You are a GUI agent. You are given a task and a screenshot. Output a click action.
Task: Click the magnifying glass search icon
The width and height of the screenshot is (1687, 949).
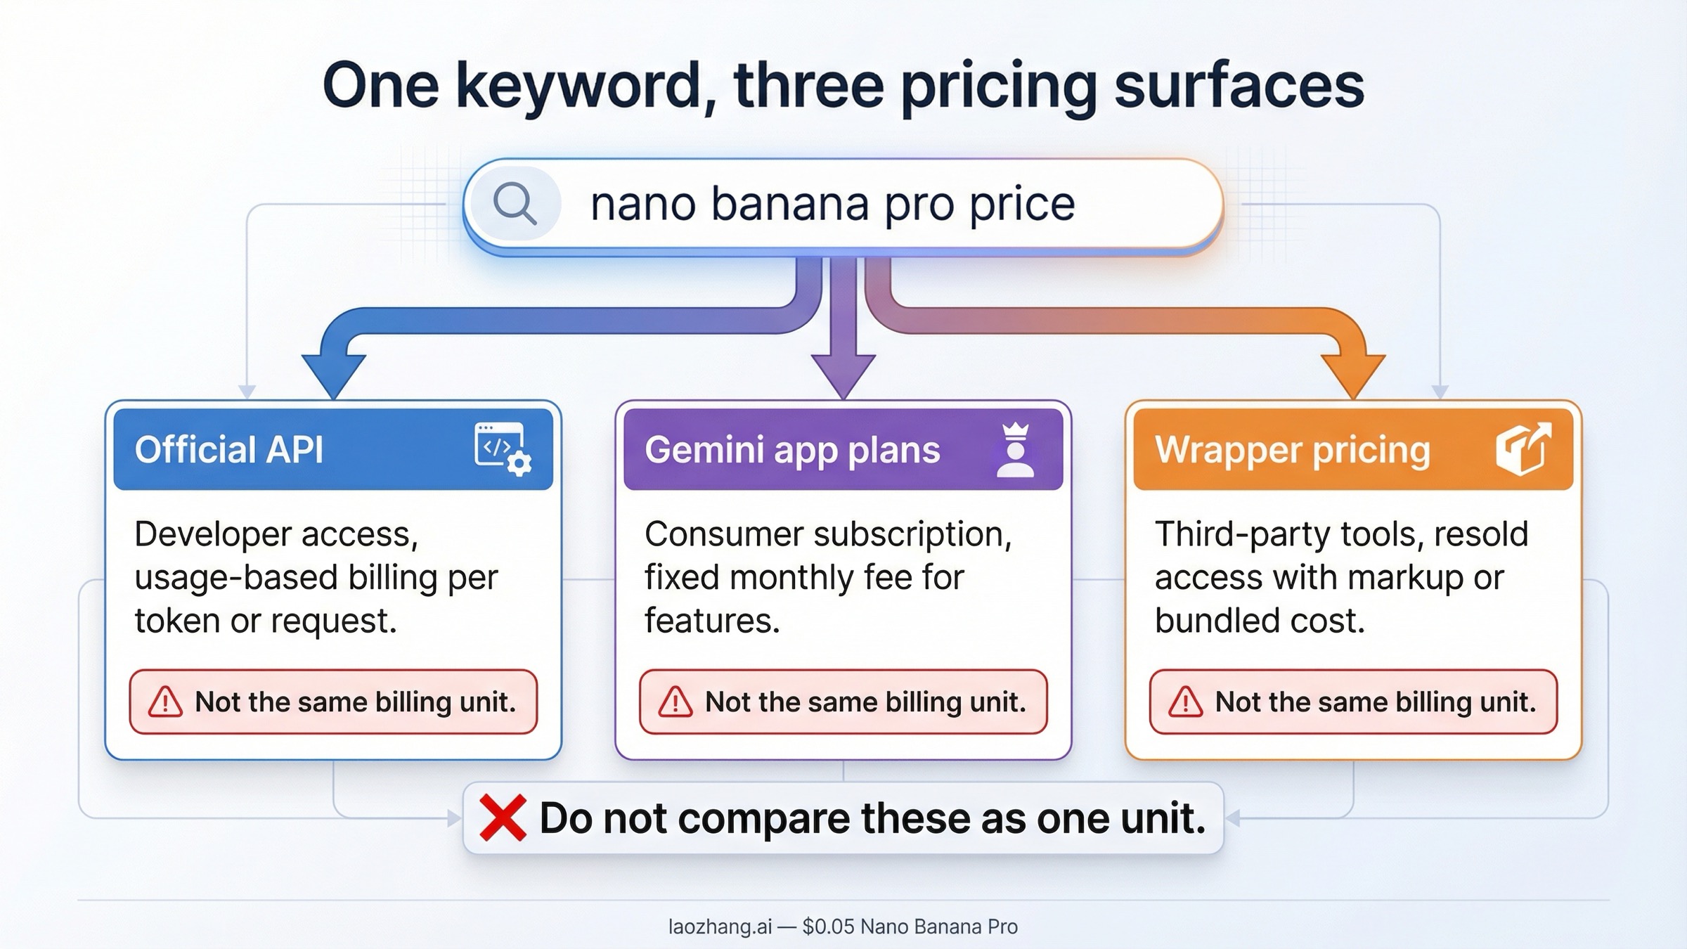tap(515, 204)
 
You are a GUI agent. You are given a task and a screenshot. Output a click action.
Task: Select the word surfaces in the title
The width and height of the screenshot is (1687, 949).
tap(1239, 86)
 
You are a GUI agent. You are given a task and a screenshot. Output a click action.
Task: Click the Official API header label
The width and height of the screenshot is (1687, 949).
tap(229, 450)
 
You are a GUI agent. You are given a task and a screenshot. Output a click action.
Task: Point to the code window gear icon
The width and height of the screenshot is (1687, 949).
tap(503, 448)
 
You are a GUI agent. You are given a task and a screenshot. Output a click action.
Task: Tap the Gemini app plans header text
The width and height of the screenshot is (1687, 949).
tap(792, 450)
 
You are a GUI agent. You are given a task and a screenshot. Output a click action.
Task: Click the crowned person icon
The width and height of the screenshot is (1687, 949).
tap(1015, 450)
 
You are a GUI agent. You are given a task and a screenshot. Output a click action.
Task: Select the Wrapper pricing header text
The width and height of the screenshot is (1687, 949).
tap(1292, 450)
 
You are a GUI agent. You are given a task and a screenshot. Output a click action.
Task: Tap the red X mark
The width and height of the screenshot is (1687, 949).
tap(502, 818)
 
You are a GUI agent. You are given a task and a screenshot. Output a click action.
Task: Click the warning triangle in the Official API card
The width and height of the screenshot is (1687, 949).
tap(166, 702)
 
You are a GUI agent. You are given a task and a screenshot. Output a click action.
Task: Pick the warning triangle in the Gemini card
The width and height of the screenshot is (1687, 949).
tap(676, 702)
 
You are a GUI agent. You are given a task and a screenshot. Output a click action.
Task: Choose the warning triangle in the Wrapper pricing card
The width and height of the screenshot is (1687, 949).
tap(1186, 702)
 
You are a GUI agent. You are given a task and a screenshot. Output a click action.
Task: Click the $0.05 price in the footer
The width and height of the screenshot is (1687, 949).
tap(828, 927)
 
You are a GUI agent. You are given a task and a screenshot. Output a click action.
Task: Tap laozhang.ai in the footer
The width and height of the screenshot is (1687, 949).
tap(720, 927)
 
